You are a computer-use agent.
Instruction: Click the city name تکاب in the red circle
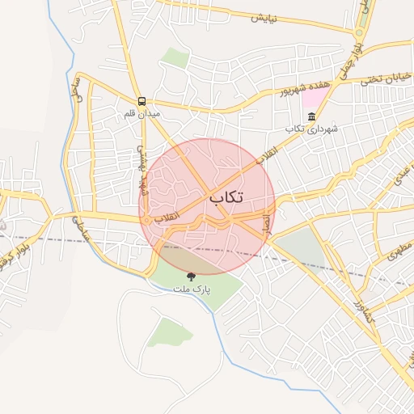click(x=226, y=196)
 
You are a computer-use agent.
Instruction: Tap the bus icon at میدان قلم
click(x=142, y=101)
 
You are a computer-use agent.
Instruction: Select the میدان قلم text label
click(x=142, y=115)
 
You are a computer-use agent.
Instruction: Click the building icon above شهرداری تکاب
click(x=312, y=117)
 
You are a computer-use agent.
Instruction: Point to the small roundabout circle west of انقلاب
click(x=146, y=220)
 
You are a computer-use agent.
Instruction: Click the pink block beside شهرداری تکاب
click(x=315, y=100)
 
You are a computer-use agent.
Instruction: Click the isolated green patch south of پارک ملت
click(x=169, y=331)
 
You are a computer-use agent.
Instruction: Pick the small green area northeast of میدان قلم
click(x=174, y=56)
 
